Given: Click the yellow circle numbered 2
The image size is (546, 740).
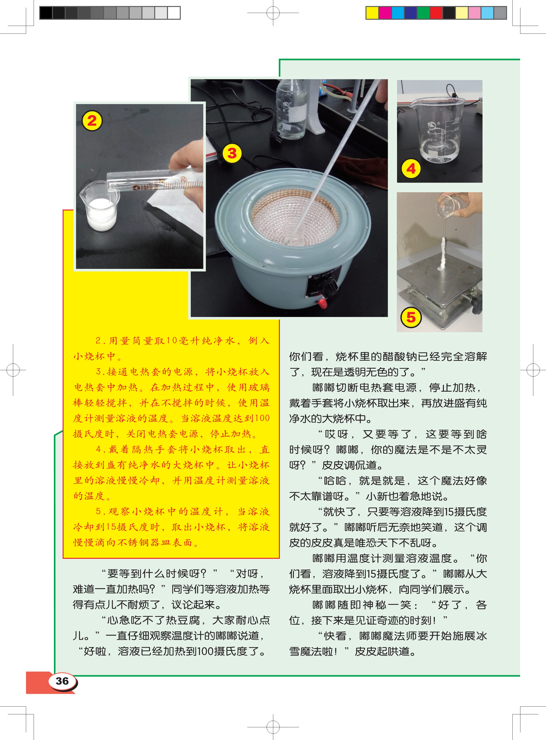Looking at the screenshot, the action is click(x=92, y=121).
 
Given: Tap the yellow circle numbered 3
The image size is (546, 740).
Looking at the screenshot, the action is click(x=232, y=153).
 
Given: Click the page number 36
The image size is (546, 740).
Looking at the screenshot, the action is click(x=62, y=681).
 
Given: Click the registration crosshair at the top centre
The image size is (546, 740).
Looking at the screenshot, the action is click(x=273, y=13).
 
